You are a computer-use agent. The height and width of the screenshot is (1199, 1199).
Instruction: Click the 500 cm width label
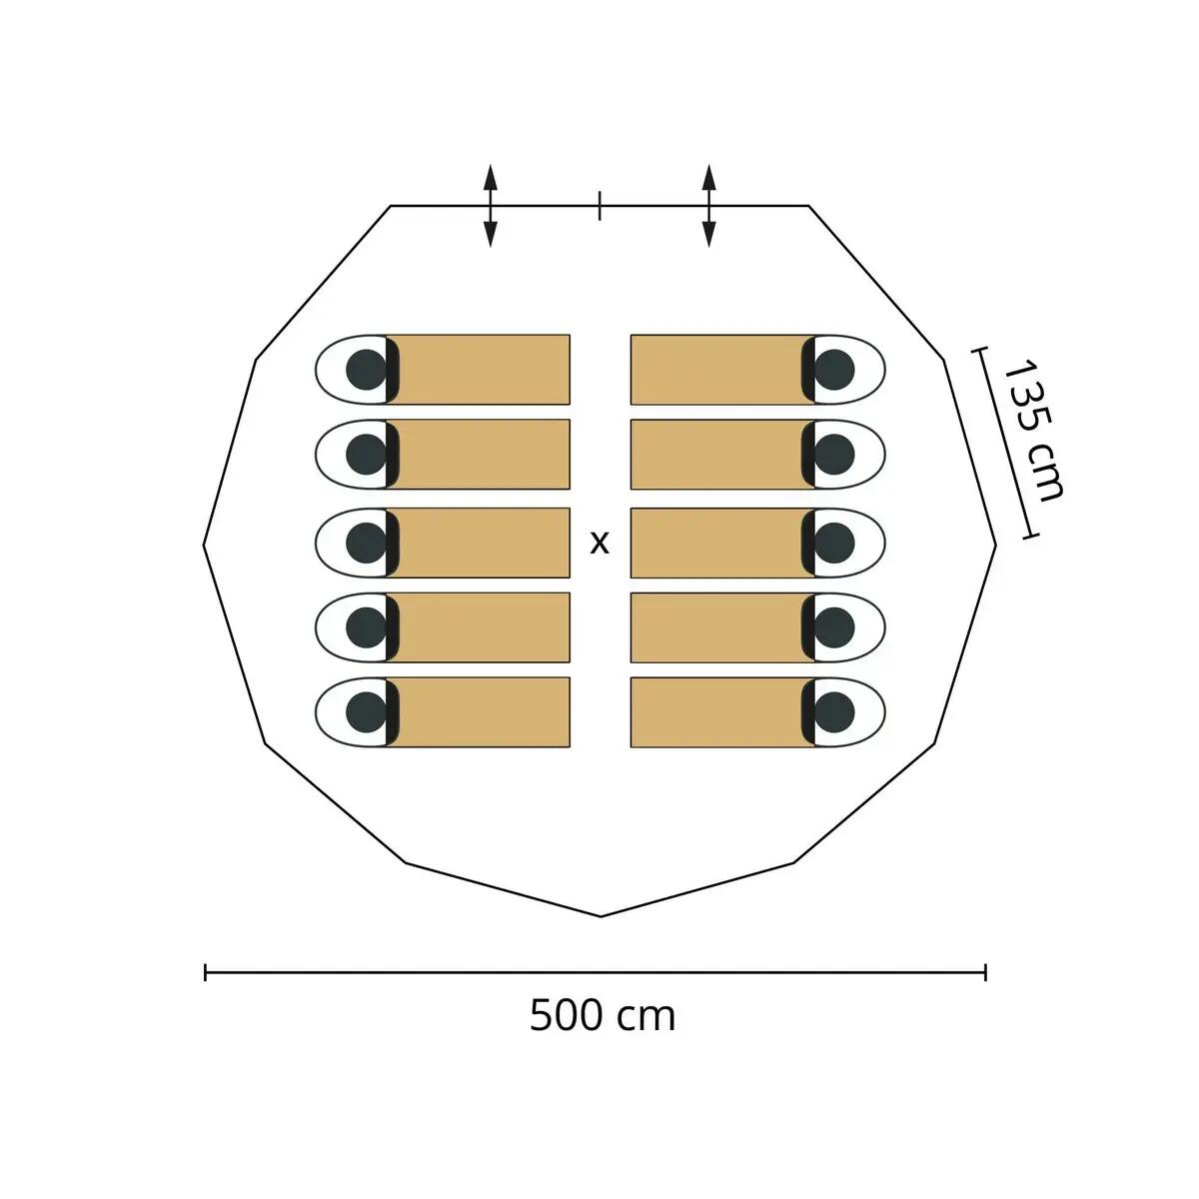point(602,1034)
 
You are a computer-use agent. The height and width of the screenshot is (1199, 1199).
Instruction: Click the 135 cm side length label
point(1033,430)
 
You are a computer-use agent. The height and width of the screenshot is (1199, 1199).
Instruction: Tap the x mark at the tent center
point(599,544)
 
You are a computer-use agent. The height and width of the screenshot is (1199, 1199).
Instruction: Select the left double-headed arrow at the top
point(491,206)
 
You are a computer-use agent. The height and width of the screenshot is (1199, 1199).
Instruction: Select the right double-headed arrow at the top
point(708,206)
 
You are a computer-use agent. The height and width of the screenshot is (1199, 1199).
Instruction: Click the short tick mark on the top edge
point(599,206)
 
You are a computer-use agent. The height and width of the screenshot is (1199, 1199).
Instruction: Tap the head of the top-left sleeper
point(366,370)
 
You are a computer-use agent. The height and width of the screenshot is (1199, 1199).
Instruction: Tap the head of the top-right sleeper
point(833,370)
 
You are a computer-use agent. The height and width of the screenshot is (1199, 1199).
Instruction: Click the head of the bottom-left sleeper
point(366,711)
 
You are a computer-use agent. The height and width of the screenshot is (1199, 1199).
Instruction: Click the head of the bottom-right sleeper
point(833,711)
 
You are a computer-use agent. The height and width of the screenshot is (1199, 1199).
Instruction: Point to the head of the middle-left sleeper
point(366,543)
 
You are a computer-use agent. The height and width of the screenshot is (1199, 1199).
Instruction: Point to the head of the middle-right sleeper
point(833,543)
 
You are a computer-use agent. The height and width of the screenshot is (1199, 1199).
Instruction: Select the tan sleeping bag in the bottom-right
point(722,711)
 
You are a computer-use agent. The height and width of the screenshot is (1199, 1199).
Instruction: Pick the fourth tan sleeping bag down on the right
point(722,627)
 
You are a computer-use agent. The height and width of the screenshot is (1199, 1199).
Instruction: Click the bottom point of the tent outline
point(600,916)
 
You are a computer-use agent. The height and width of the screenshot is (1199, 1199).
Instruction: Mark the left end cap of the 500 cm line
point(206,972)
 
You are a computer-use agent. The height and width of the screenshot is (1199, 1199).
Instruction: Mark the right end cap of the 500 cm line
point(985,972)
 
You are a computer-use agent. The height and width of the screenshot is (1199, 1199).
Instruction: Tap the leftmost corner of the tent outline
point(204,546)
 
